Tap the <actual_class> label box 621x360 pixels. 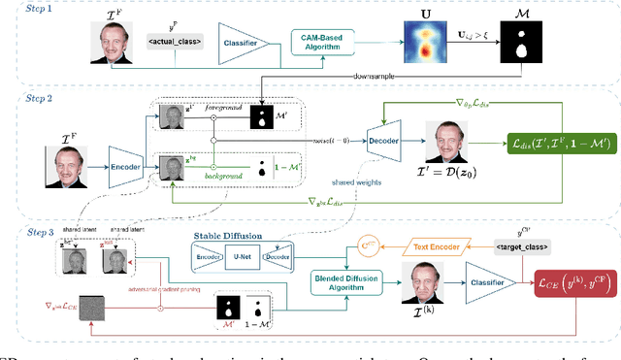[x=172, y=41]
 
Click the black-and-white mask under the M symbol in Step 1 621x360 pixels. [x=522, y=43]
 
